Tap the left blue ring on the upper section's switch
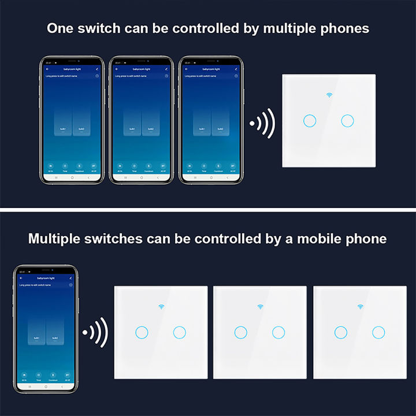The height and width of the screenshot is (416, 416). pyautogui.click(x=309, y=120)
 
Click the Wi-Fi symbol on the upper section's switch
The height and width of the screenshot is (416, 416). pyautogui.click(x=329, y=95)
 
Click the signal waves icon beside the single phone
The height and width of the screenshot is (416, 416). pyautogui.click(x=96, y=333)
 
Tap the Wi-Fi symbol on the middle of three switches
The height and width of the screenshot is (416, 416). pyautogui.click(x=260, y=306)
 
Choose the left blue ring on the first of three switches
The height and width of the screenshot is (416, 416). pyautogui.click(x=140, y=332)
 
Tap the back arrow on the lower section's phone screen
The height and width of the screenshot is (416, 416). pyautogui.click(x=21, y=278)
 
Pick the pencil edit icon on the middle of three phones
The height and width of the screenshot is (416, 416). pyautogui.click(x=167, y=69)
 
